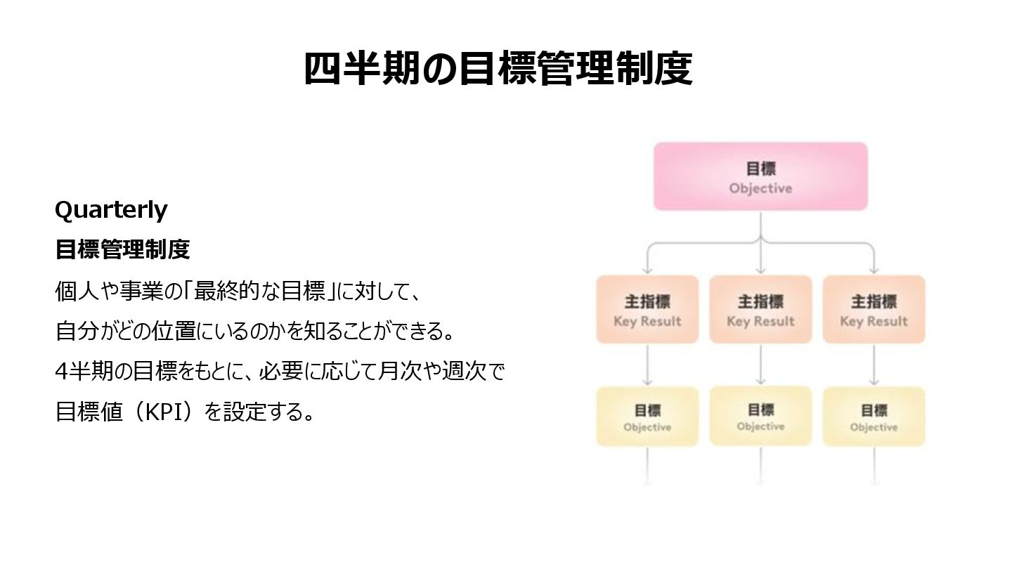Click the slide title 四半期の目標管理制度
[498, 69]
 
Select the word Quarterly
[111, 209]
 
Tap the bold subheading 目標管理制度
[122, 249]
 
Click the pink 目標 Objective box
[760, 177]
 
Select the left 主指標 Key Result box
[647, 310]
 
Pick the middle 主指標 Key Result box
[760, 310]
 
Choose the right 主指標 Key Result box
[874, 310]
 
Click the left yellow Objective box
[647, 417]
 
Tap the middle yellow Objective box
[760, 416]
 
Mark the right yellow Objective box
[874, 417]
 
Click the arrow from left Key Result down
[647, 365]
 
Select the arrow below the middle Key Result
[760, 365]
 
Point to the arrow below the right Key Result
[874, 365]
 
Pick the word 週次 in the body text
[465, 371]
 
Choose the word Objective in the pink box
[760, 188]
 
